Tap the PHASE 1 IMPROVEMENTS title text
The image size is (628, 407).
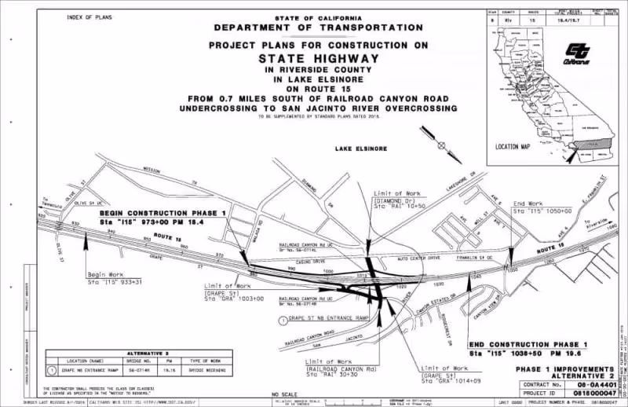[x=571, y=368]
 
